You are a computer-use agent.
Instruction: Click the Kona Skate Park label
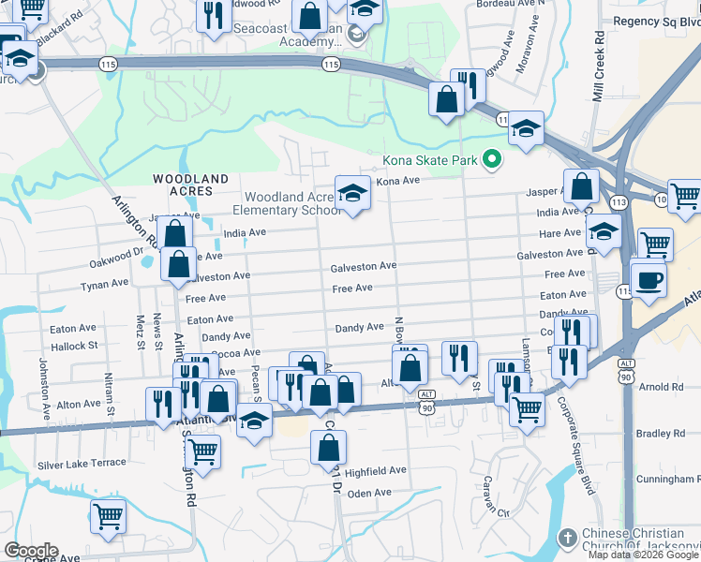430,161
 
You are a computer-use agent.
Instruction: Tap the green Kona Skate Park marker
490,160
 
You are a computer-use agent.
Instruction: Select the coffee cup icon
649,279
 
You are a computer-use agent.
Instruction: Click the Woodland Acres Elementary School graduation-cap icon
353,193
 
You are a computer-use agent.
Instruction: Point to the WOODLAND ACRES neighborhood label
190,185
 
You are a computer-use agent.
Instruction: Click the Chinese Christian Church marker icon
566,538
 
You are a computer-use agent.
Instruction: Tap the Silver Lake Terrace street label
82,464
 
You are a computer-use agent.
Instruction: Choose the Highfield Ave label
376,470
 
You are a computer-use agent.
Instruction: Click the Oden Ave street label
368,494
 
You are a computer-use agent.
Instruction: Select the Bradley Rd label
661,433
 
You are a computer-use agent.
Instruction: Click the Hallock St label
74,346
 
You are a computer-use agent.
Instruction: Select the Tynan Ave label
104,284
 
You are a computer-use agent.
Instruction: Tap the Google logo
31,551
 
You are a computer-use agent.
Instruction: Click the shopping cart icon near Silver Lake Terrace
202,451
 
